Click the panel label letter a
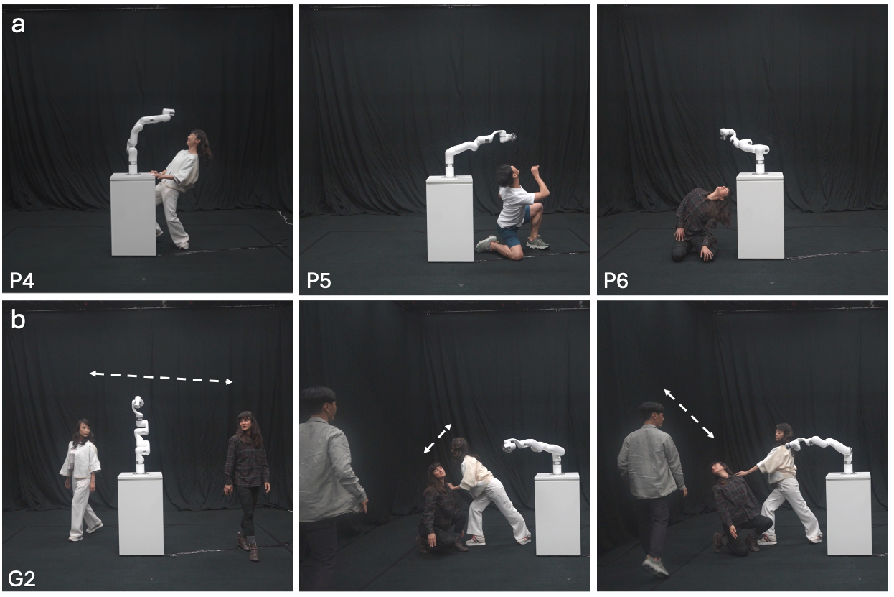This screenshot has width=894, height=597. click(18, 25)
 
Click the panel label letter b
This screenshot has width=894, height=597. click(19, 319)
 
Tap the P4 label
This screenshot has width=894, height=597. click(22, 280)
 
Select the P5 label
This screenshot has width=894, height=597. click(319, 280)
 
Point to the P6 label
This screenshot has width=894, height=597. click(616, 280)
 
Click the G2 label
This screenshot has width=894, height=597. click(22, 578)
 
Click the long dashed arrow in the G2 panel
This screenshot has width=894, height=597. click(161, 378)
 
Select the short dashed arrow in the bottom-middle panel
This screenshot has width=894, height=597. click(438, 438)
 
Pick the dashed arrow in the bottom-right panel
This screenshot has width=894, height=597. click(690, 414)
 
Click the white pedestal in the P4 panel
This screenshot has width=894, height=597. click(133, 214)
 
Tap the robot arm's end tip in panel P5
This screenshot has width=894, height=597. click(513, 137)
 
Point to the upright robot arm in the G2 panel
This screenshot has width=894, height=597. click(140, 435)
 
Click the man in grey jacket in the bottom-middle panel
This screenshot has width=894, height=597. click(329, 488)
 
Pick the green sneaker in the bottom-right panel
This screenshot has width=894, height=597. click(655, 567)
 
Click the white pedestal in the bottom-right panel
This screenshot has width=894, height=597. click(849, 514)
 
